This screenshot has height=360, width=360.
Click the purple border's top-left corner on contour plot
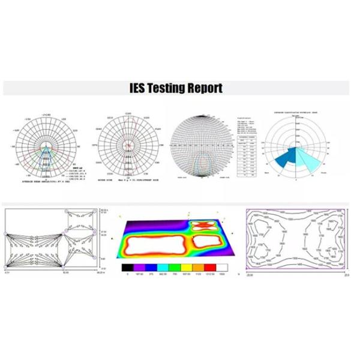[248, 210]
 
